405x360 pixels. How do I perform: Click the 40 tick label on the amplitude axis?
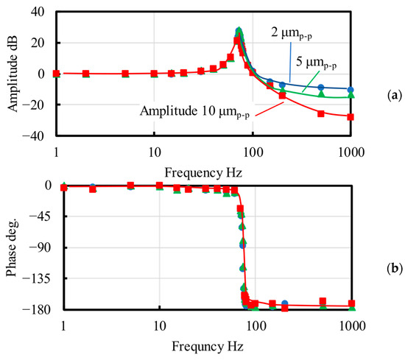[x=38, y=12]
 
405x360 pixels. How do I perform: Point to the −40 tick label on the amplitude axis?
[x=33, y=136]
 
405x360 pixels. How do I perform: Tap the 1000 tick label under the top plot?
[x=351, y=152]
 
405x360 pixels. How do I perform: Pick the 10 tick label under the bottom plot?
[x=160, y=326]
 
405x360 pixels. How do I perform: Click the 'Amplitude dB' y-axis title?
[x=13, y=73]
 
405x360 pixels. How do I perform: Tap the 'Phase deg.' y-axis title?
[x=11, y=248]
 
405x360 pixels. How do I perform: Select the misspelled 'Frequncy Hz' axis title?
[x=208, y=346]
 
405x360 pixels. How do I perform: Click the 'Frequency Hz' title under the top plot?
[x=203, y=173]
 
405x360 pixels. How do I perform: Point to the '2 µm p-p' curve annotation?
[x=292, y=34]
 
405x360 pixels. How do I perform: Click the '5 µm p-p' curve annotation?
[x=316, y=63]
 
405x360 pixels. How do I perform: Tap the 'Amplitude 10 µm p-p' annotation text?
[x=194, y=112]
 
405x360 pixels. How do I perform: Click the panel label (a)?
[x=395, y=96]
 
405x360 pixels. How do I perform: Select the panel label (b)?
[x=395, y=269]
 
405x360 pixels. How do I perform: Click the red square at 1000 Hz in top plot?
[x=351, y=117]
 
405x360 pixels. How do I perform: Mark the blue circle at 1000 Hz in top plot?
[x=351, y=90]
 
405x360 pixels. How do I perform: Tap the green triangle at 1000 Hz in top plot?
[x=351, y=95]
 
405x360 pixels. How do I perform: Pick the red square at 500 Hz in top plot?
[x=321, y=113]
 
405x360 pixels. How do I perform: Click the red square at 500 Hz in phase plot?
[x=323, y=301]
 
